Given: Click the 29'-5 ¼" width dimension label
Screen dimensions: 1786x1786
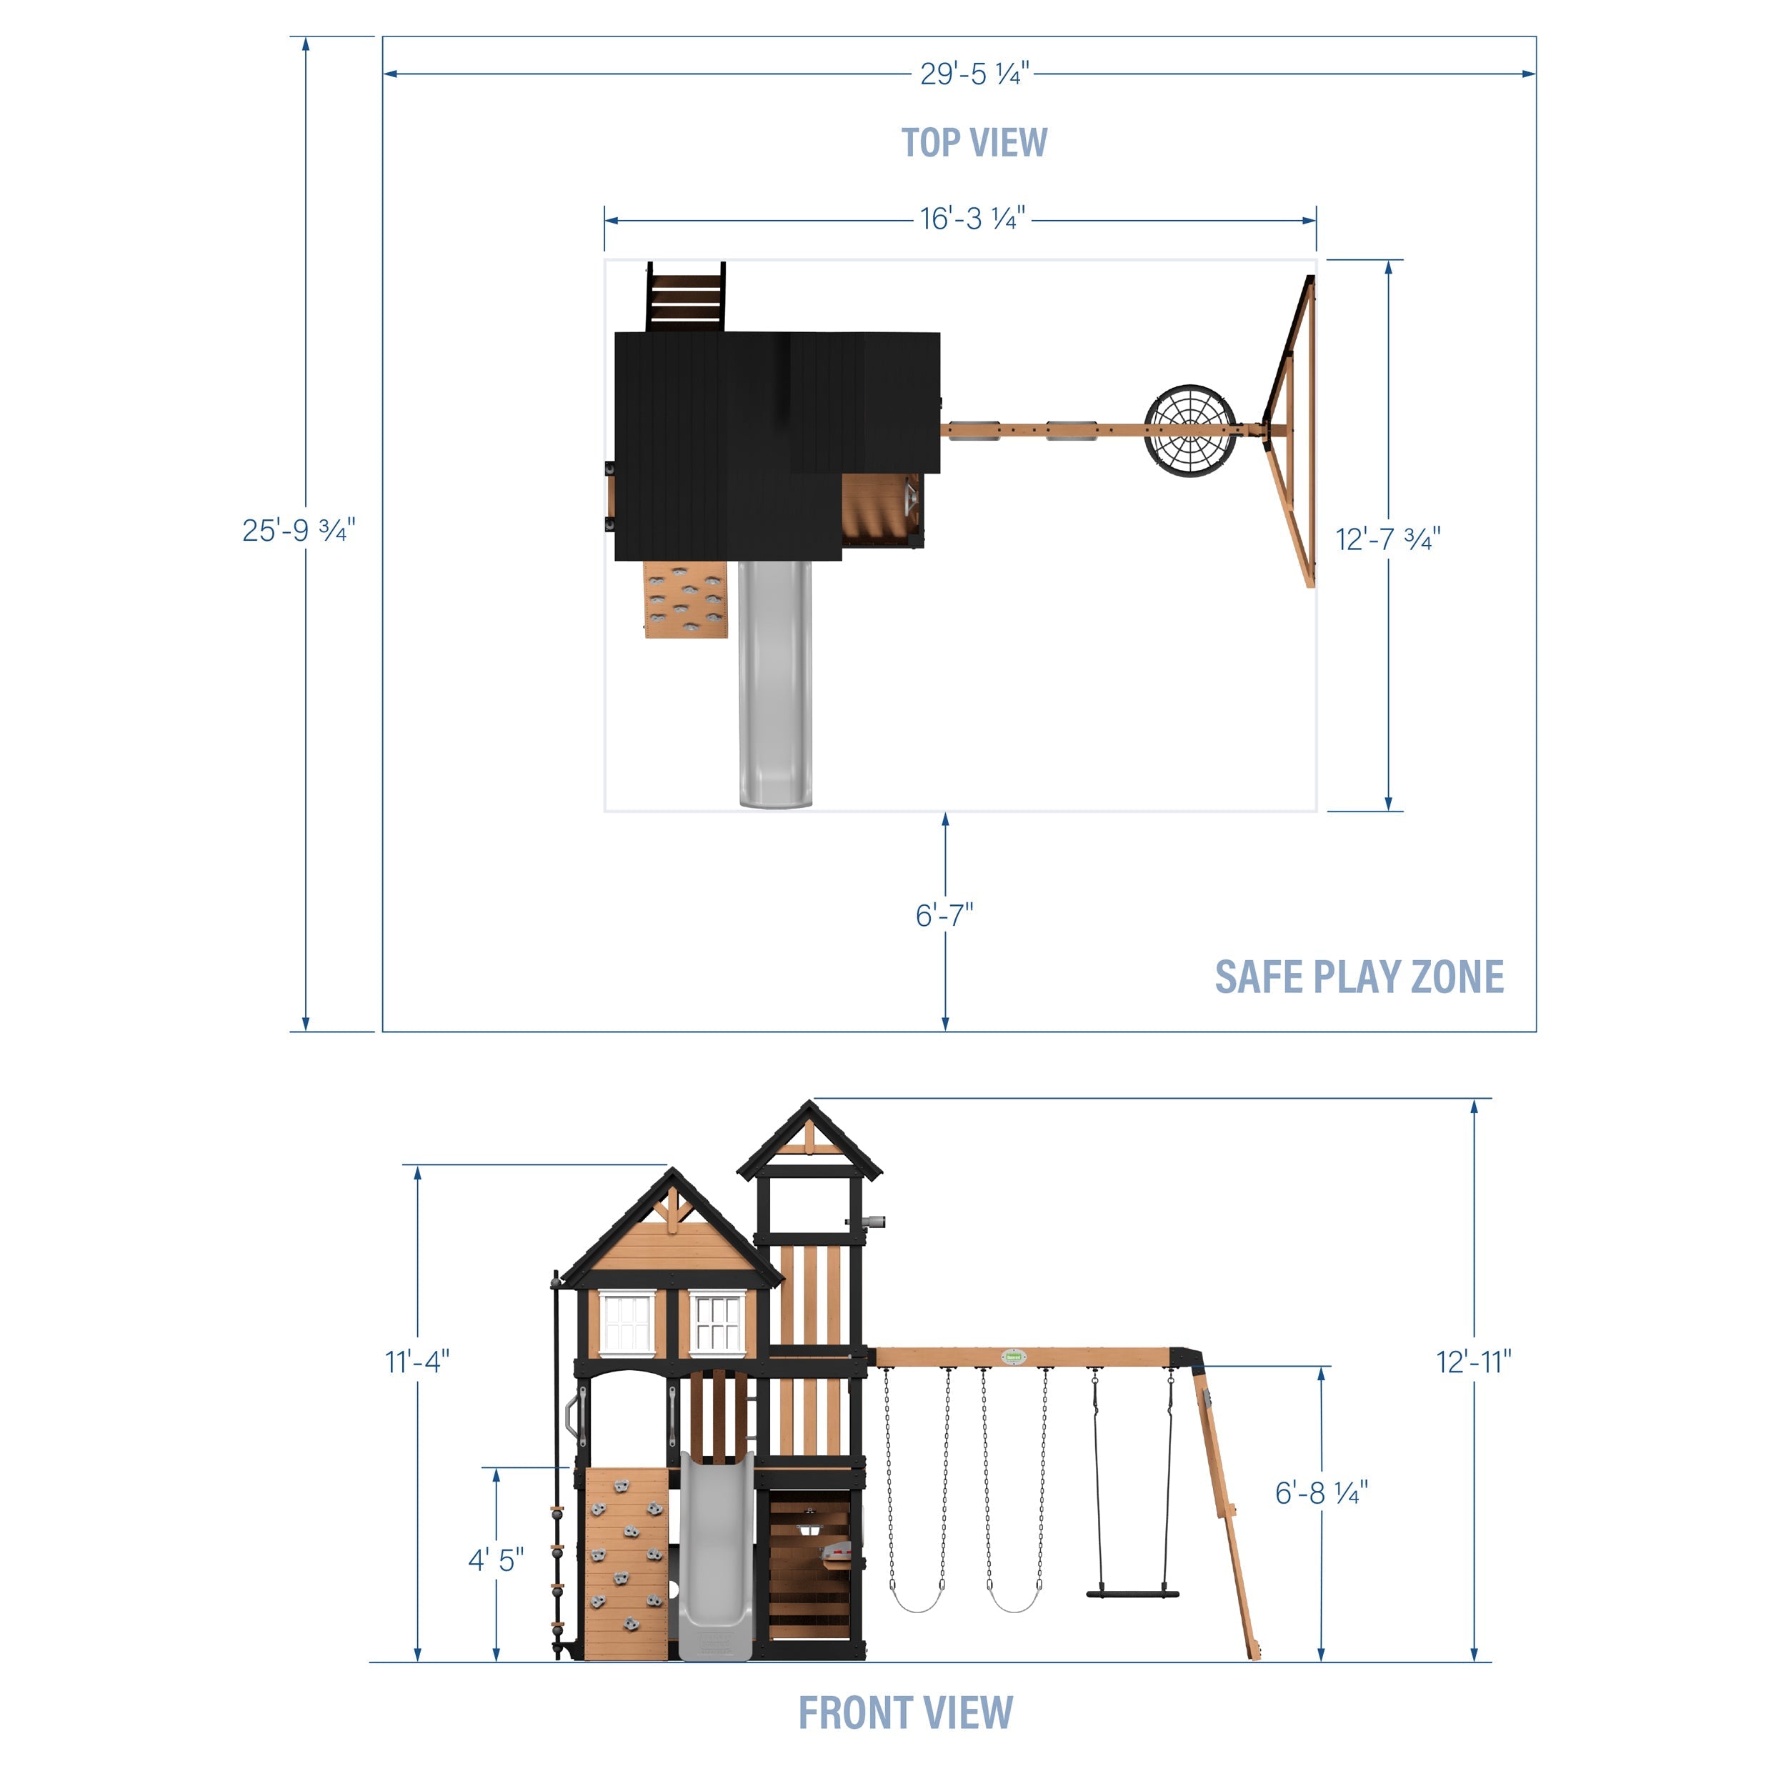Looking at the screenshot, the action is coord(974,74).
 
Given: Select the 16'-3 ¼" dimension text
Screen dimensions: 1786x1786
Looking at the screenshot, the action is coord(972,219).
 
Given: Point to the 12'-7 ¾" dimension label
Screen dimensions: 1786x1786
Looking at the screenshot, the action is coord(1387,538).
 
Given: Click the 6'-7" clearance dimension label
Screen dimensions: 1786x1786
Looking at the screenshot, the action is coord(944,915).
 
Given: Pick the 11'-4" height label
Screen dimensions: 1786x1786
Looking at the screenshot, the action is coord(417,1362).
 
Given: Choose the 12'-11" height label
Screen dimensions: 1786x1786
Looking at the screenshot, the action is coord(1474,1362).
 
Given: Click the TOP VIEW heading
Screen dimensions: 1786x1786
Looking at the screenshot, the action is coord(974,142).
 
